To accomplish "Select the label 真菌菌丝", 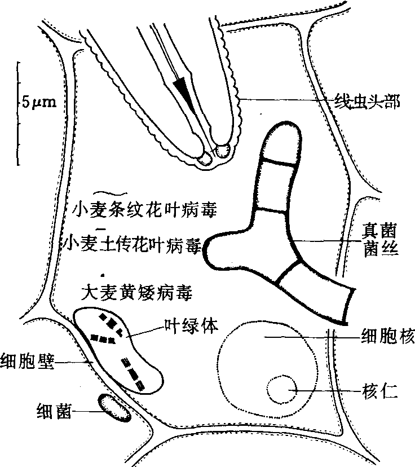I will pos(382,239).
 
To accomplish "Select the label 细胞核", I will pos(387,337).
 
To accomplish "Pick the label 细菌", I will pos(54,411).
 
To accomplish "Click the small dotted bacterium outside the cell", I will pos(114,407).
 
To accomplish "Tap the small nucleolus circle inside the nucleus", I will pos(281,390).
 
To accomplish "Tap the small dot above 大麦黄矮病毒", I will pos(101,275).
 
